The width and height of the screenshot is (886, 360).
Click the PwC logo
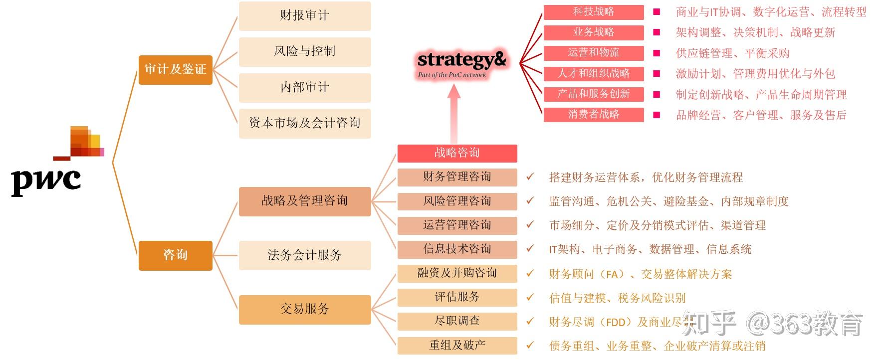point(55,162)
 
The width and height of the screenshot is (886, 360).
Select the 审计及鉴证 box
point(175,69)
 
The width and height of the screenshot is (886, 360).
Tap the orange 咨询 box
point(175,255)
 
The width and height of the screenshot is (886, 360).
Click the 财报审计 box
point(304,16)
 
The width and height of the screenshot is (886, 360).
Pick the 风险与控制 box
point(304,51)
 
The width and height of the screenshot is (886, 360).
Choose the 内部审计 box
point(304,87)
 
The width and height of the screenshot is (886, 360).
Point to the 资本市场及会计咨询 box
point(304,123)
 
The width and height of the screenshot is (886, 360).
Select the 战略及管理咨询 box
point(304,201)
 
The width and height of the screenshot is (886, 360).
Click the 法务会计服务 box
point(304,255)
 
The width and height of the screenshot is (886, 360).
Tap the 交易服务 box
point(304,309)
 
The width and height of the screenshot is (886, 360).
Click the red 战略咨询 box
point(457,153)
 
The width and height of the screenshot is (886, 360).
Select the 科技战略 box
point(593,12)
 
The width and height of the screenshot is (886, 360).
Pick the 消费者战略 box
point(593,115)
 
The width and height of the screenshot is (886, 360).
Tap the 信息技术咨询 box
point(457,249)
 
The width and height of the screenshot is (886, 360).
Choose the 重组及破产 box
point(457,345)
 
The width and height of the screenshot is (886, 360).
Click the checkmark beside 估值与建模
point(530,298)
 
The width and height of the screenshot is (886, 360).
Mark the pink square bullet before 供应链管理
point(657,53)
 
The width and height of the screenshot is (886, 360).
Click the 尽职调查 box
point(457,321)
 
